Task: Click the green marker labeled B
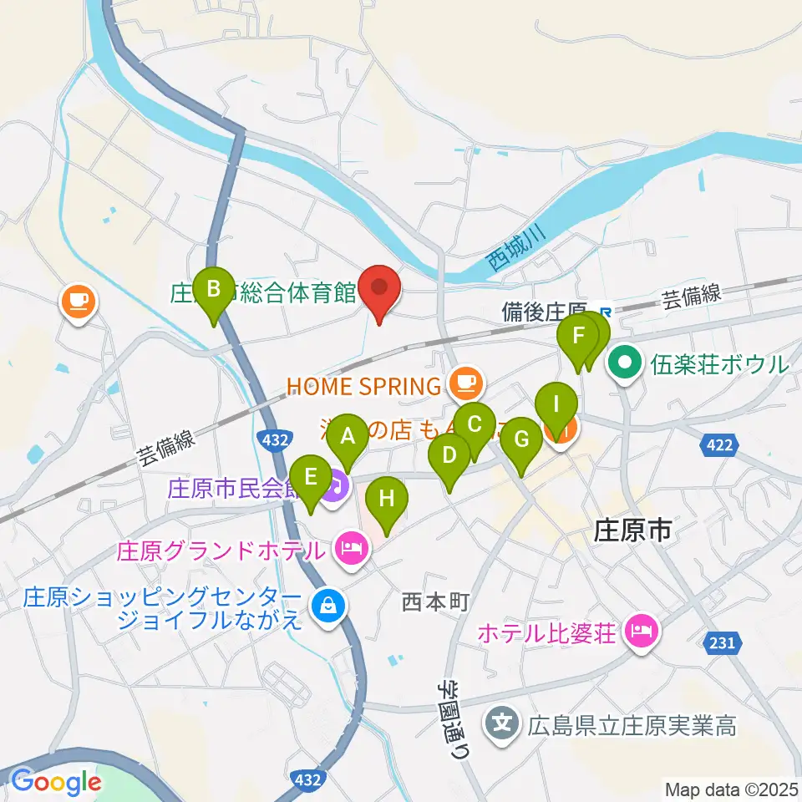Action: (x=213, y=291)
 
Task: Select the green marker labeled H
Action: (x=388, y=500)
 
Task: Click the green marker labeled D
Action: (x=449, y=457)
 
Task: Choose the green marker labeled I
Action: (x=556, y=407)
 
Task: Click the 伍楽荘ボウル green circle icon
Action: (x=624, y=364)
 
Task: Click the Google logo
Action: (x=56, y=782)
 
